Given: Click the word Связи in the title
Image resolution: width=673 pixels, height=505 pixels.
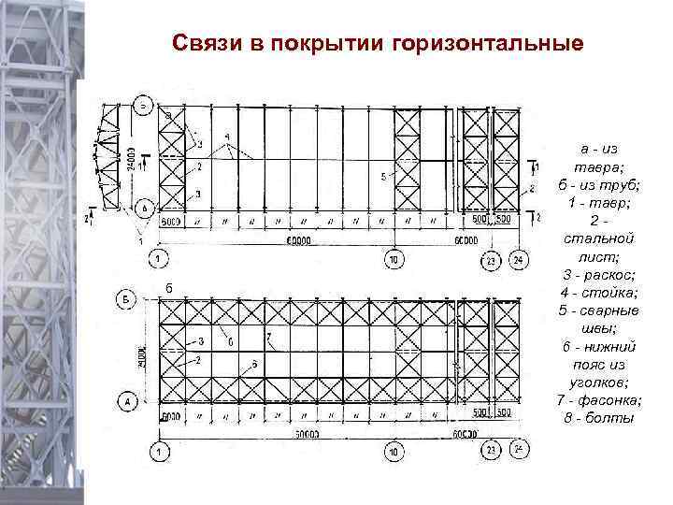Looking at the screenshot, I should (x=208, y=44).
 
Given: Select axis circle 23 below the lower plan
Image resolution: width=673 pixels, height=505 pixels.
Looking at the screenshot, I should (x=491, y=452).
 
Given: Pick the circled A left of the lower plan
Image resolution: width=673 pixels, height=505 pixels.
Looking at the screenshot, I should (x=130, y=402).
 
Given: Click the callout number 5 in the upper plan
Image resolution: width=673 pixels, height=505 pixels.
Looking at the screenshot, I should (x=383, y=177).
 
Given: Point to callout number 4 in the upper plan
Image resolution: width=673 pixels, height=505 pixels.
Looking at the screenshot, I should (x=227, y=137).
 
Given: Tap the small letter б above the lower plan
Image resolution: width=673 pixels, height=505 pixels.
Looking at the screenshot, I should (x=168, y=283).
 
